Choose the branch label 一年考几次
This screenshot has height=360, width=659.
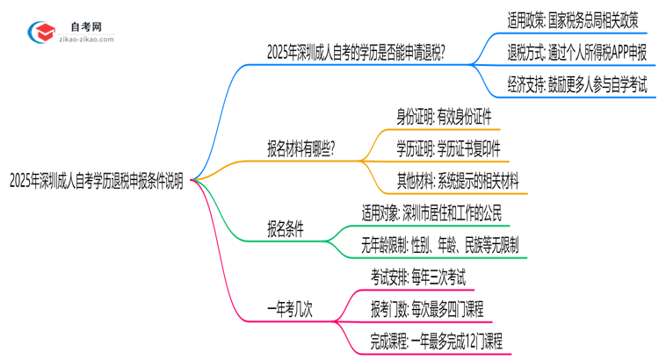coord(292,308)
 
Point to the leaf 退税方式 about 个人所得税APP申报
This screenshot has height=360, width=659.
coord(577,51)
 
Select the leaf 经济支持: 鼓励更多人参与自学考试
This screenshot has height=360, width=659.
coord(577,85)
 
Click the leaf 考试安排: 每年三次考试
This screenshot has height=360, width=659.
coord(418,277)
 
